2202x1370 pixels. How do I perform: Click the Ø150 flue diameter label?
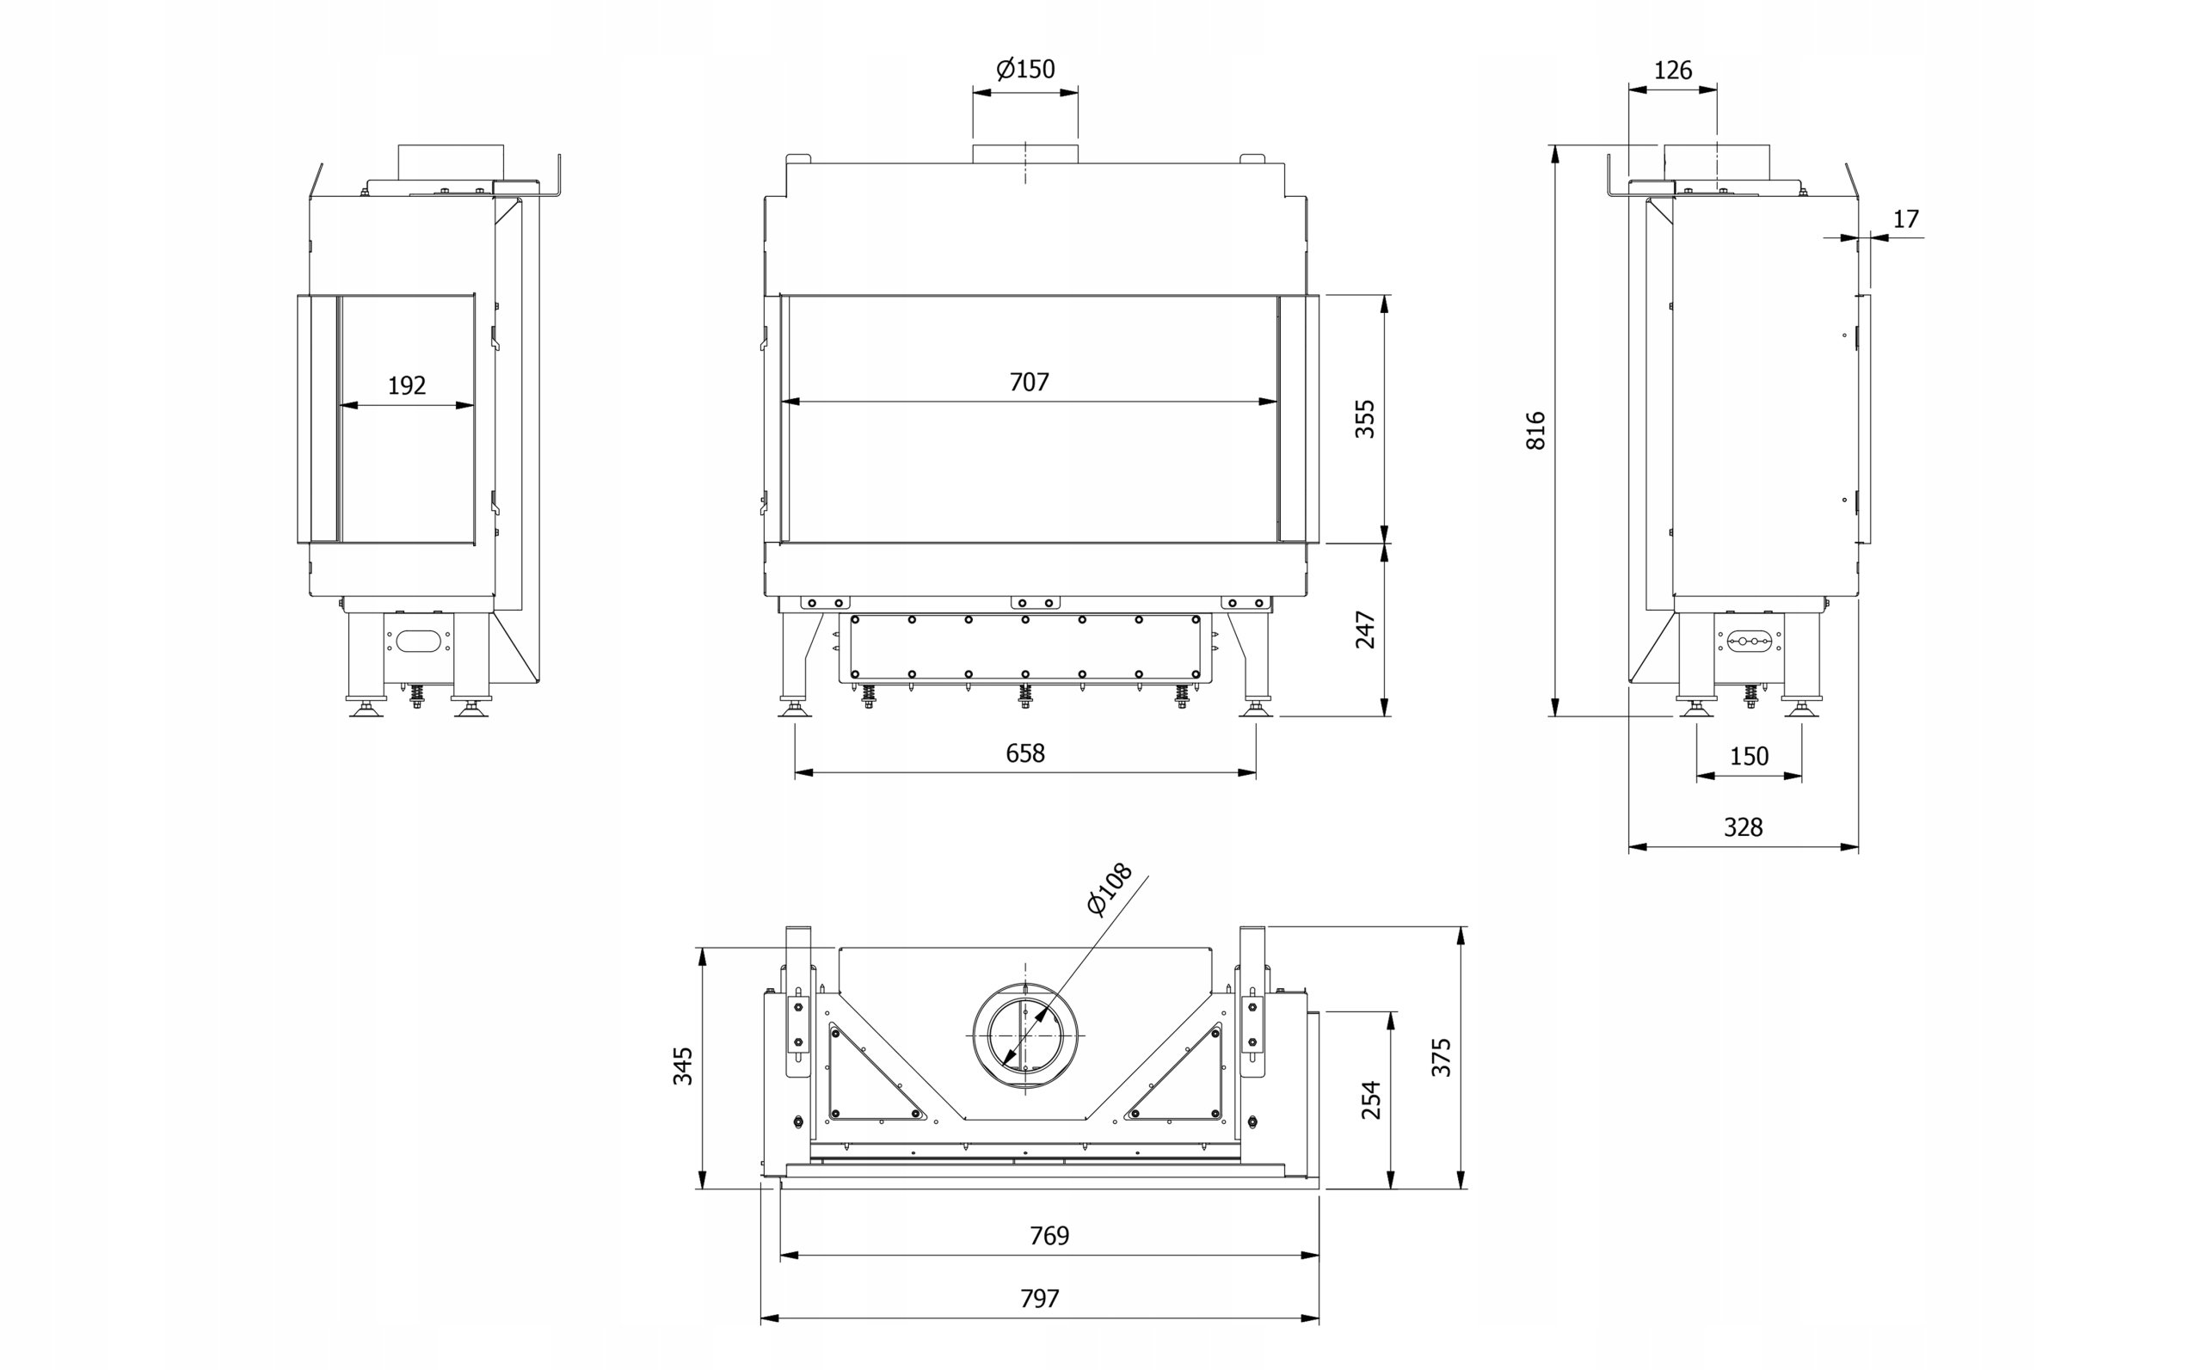(1026, 69)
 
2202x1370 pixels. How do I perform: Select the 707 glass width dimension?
(1030, 383)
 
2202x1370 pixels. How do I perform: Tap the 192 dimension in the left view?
(407, 386)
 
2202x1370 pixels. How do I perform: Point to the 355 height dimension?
(1365, 419)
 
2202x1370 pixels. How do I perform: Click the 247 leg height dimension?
(1365, 630)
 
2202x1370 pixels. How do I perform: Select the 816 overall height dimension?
(1535, 430)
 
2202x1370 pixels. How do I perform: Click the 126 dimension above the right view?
(1673, 70)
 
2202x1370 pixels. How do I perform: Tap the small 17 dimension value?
(1906, 219)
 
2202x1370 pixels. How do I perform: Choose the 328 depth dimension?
(1744, 827)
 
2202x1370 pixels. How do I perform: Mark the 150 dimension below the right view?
(1749, 756)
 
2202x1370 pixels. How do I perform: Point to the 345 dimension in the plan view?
(682, 1066)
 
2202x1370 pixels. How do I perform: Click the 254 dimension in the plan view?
(1371, 1099)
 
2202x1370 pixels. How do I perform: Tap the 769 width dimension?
(1049, 1236)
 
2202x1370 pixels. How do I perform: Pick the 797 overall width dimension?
(1039, 1299)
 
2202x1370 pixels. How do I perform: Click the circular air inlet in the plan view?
(1026, 1035)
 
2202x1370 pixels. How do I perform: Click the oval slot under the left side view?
(419, 642)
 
